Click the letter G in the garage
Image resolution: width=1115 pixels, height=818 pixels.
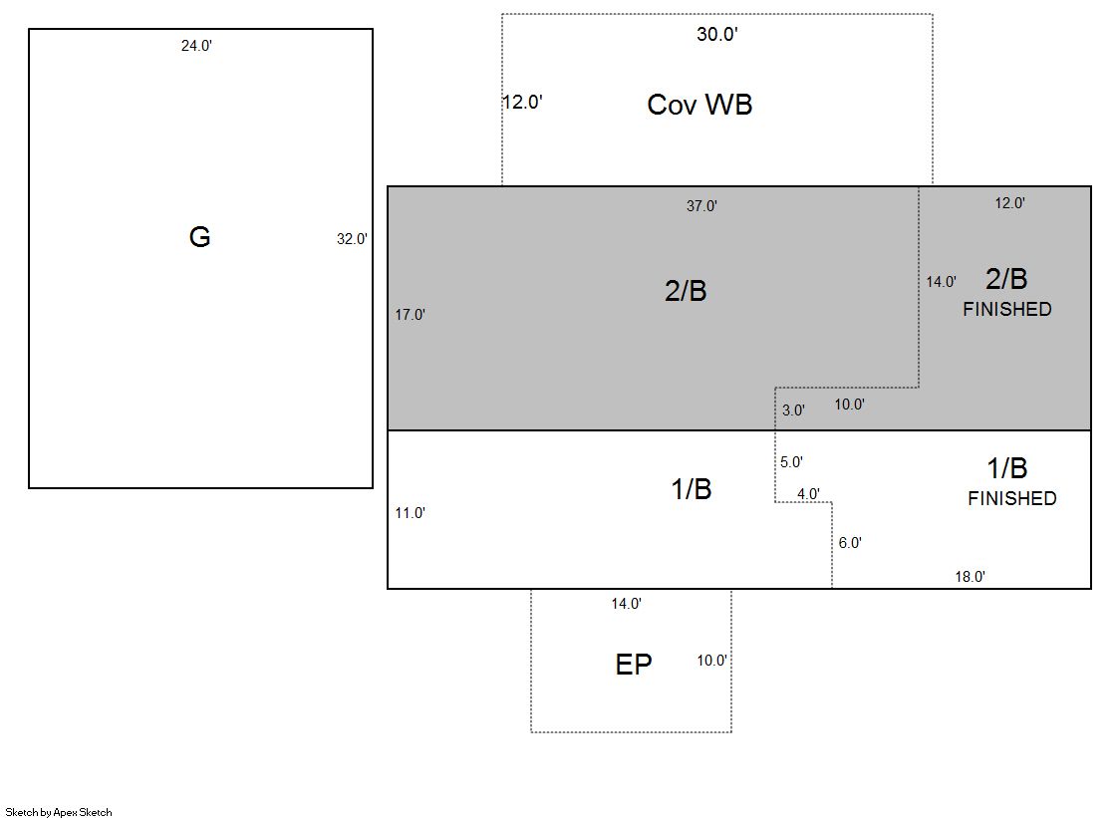point(200,237)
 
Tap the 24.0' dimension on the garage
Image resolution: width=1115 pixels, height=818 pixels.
point(196,46)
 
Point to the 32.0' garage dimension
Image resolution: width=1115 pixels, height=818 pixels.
point(352,239)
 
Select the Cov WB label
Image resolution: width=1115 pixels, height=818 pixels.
point(699,105)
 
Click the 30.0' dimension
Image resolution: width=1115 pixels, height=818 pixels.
point(716,34)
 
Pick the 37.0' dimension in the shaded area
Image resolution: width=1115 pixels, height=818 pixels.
point(701,206)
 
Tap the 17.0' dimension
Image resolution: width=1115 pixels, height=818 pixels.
point(411,315)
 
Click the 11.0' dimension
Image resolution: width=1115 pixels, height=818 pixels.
point(411,513)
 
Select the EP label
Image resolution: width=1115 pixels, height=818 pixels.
point(634,665)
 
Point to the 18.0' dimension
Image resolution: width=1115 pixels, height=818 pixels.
point(970,577)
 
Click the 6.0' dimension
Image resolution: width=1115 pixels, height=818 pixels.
point(850,543)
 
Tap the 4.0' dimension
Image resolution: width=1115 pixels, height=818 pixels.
point(808,493)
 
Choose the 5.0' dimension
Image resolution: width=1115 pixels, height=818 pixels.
point(791,462)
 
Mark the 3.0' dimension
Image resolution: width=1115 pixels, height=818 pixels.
point(793,410)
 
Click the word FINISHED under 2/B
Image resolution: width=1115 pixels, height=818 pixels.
point(1007,310)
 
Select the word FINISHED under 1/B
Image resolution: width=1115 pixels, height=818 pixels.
point(1012,498)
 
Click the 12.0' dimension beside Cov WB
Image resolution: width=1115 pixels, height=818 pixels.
point(523,103)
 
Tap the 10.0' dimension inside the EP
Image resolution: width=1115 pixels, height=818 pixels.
point(711,661)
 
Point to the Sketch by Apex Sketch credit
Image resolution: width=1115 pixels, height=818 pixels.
point(59,812)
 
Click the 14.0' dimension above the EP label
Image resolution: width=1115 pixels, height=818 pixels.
point(627,604)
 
